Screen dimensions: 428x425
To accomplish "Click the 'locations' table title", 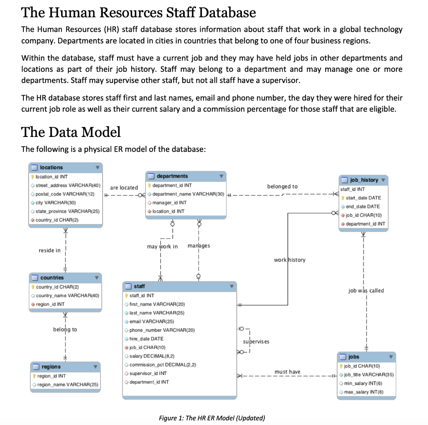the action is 51,167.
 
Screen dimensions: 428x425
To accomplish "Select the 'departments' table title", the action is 172,176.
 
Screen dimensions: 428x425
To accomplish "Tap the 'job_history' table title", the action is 364,180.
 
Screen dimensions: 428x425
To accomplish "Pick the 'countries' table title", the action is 52,278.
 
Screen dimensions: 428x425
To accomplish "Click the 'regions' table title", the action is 51,367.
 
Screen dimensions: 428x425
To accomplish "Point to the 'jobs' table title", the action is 354,357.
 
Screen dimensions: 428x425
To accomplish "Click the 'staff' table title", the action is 139,286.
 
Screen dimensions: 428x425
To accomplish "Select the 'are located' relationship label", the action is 124,188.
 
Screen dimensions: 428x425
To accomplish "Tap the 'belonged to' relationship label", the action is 283,186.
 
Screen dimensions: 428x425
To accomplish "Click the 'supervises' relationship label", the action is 256,342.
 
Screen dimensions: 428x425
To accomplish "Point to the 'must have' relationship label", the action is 287,372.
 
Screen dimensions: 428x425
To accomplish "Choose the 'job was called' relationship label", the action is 366,291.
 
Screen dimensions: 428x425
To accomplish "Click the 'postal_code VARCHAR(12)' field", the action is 65,194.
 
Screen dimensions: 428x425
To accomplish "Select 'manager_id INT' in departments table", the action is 169,202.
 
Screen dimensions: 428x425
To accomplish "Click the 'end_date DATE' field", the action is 363,207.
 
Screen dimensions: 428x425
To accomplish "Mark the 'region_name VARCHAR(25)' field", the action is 67,385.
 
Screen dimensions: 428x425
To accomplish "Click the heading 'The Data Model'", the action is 71,132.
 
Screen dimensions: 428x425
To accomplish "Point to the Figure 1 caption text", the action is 212,418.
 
